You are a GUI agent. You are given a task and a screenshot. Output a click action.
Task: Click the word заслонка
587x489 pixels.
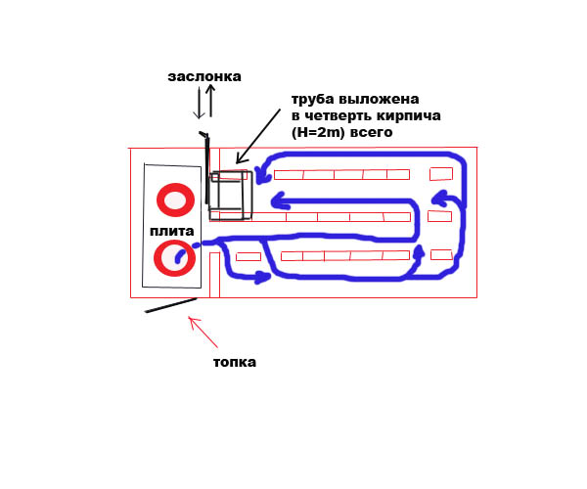pyautogui.click(x=203, y=76)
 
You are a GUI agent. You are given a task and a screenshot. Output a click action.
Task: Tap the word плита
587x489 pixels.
pyautogui.click(x=172, y=231)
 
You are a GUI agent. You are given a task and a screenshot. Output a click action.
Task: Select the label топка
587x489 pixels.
pyautogui.click(x=235, y=362)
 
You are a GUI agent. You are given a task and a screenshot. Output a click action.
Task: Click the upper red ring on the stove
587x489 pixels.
pyautogui.click(x=176, y=200)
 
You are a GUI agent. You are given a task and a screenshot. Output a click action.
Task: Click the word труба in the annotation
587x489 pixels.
pyautogui.click(x=313, y=99)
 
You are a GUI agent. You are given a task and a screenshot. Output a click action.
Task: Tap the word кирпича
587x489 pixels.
pyautogui.click(x=406, y=115)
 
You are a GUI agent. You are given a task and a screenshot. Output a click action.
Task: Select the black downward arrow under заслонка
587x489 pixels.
pyautogui.click(x=200, y=103)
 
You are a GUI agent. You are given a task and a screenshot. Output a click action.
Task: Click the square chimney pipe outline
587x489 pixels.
pyautogui.click(x=231, y=195)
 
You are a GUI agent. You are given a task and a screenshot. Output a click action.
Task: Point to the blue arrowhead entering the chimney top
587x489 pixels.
pyautogui.click(x=260, y=174)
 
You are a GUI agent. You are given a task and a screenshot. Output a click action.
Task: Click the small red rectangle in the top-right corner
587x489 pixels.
pyautogui.click(x=441, y=174)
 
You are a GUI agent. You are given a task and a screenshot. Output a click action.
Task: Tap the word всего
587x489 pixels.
pyautogui.click(x=371, y=131)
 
